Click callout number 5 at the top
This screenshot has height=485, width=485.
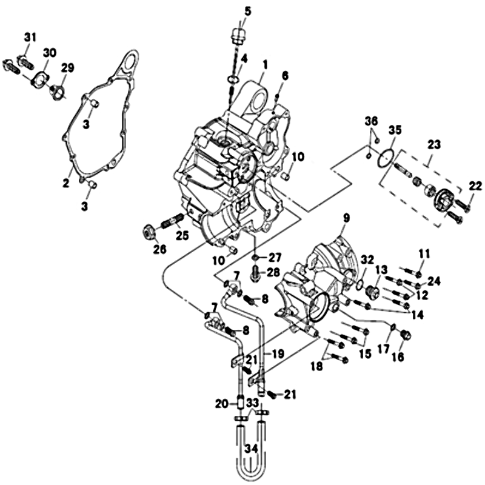point(247,11)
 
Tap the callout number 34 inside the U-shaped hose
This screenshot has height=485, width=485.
point(252,449)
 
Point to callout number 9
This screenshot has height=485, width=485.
point(347,217)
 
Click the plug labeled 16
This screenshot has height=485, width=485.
point(406,334)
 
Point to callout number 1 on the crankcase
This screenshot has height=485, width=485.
point(265,63)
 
